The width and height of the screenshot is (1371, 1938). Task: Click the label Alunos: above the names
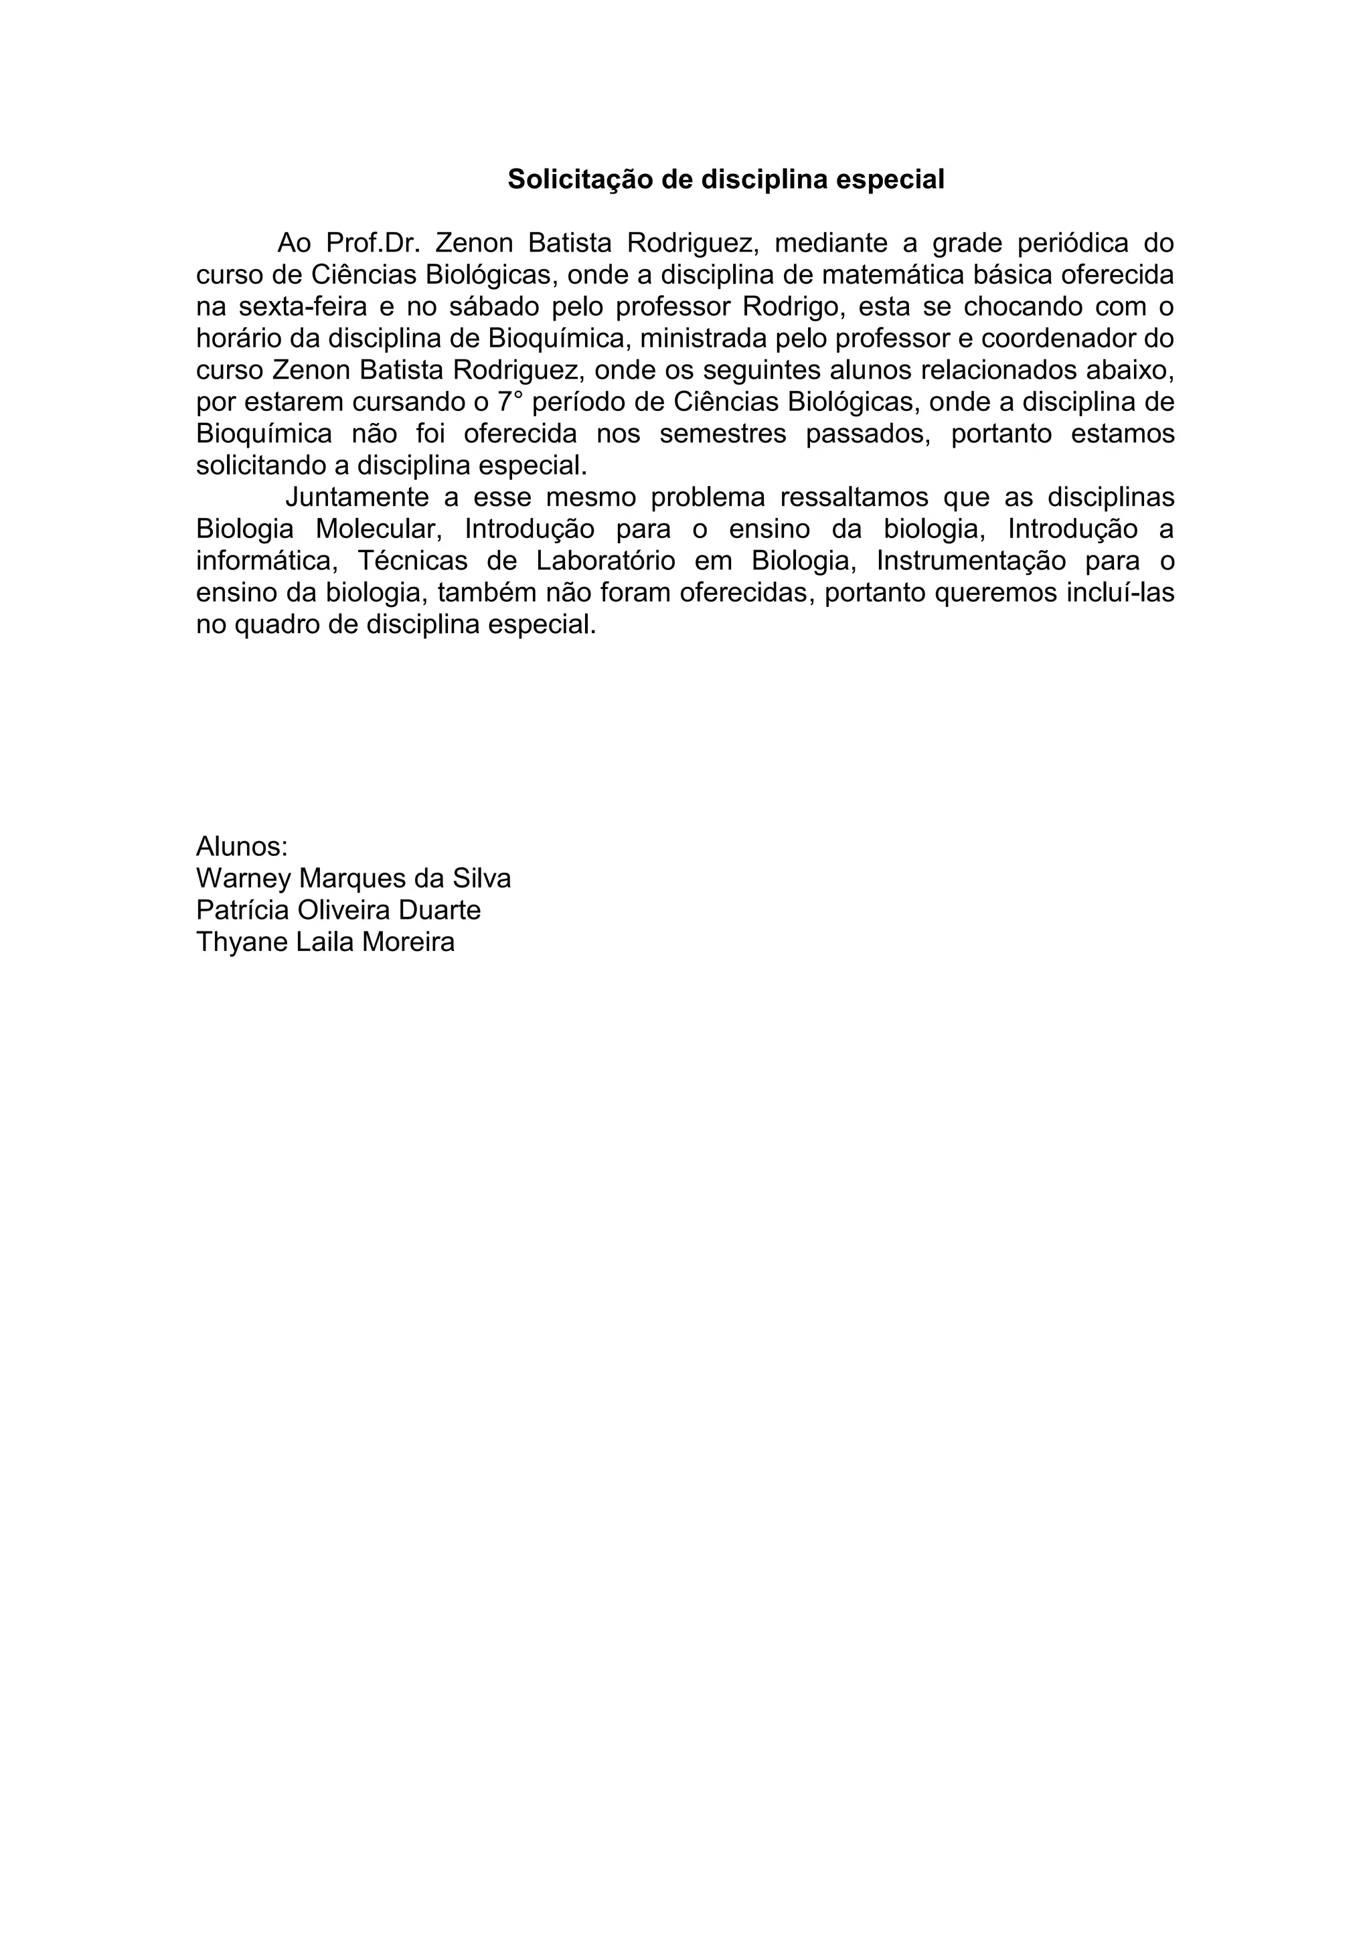click(242, 846)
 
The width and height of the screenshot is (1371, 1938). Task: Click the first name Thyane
click(242, 942)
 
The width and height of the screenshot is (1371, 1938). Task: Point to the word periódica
click(1073, 243)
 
